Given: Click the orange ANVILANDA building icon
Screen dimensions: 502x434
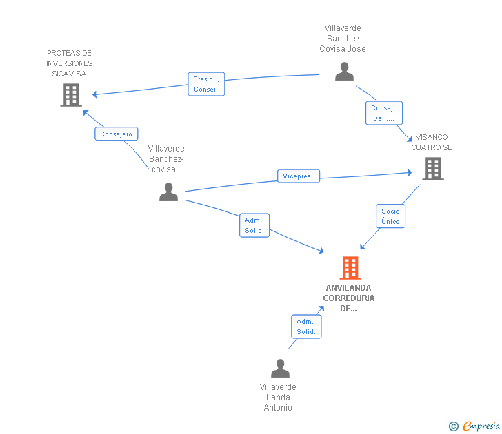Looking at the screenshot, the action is (x=350, y=268).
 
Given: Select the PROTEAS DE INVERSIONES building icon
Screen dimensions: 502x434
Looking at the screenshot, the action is (x=71, y=95).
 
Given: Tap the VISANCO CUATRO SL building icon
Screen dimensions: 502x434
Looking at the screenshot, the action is (x=433, y=169).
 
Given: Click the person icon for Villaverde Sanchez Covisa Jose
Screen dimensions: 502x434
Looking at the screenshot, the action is (x=344, y=72).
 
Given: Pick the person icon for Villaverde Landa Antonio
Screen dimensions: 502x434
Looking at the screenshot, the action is (x=280, y=368).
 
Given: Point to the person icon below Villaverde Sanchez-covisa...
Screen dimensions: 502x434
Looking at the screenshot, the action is (x=168, y=192).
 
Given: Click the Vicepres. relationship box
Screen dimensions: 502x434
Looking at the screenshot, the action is (x=299, y=176).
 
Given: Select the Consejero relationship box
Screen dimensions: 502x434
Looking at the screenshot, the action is (x=117, y=134).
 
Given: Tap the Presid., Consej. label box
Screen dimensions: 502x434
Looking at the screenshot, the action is (x=206, y=84).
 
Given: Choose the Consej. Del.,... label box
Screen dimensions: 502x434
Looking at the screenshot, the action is (x=384, y=113).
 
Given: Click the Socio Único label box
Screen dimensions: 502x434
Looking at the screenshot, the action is (x=390, y=216).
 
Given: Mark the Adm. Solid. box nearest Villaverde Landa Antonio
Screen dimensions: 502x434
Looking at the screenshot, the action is (x=306, y=327).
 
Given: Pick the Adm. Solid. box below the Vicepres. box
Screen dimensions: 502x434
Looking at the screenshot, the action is (x=254, y=225).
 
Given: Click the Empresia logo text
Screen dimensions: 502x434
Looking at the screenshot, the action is (x=481, y=426).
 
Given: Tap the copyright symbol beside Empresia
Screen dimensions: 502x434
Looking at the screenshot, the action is (x=454, y=426).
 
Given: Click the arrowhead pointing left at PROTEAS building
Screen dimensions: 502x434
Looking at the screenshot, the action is (x=94, y=94).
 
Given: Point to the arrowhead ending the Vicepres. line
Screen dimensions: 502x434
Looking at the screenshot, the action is (x=410, y=173).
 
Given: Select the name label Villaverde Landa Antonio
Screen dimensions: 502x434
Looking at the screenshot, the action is (x=278, y=397).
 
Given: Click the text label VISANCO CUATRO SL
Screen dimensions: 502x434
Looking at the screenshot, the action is (x=431, y=143).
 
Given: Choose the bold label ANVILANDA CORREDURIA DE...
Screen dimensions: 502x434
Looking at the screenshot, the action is (x=349, y=298).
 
